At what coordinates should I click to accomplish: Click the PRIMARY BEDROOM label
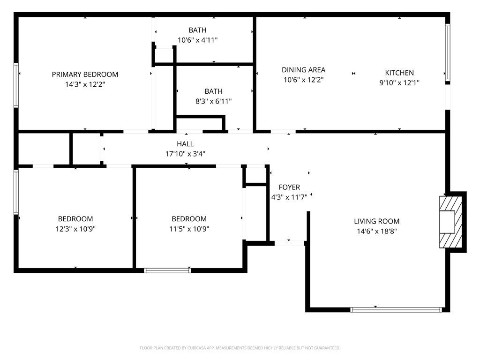tap(85, 75)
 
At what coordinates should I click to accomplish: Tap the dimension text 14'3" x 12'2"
tap(85, 84)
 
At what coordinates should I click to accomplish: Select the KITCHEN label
tap(399, 73)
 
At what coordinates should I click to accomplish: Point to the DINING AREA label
tap(303, 70)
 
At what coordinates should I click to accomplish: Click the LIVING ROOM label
tap(376, 221)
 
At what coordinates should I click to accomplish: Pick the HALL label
tap(185, 144)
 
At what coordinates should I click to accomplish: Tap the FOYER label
tap(289, 187)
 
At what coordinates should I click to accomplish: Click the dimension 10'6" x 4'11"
tap(197, 40)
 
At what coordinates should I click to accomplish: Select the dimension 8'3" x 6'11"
tap(213, 101)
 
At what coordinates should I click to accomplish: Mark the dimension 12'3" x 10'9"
tap(75, 229)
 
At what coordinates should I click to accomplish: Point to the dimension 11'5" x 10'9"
tap(189, 229)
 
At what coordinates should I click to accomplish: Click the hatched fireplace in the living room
tap(450, 222)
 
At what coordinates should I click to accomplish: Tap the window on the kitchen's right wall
tap(448, 52)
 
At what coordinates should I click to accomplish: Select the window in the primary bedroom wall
tap(16, 85)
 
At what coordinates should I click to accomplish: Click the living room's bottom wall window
tap(396, 310)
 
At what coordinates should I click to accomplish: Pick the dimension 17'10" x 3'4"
tap(185, 154)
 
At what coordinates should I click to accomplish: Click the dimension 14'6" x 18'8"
tap(376, 232)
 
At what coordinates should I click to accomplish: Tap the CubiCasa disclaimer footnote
tap(240, 348)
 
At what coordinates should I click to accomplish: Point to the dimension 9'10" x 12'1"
tap(399, 82)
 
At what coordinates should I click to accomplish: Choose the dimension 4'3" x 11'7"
tap(289, 197)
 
